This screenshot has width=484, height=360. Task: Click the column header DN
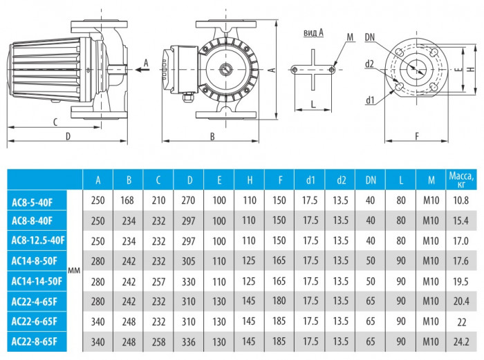tap(370, 180)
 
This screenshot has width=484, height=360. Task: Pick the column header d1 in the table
tap(310, 180)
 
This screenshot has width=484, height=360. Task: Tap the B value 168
tap(128, 200)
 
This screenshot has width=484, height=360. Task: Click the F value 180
tap(279, 301)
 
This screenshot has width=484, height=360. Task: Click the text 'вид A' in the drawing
tap(313, 32)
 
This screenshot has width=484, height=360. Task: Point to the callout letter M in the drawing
tap(350, 36)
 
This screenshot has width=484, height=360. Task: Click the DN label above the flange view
tap(371, 36)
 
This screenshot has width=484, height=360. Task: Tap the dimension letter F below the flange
tap(418, 136)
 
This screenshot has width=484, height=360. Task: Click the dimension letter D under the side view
tap(68, 136)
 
